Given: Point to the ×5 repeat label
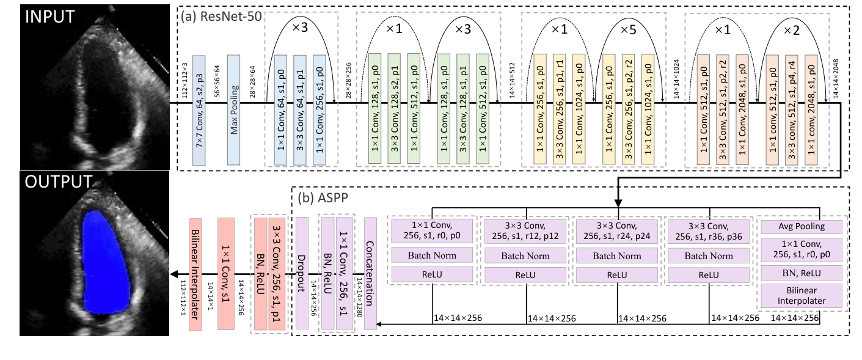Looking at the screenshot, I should [632, 29].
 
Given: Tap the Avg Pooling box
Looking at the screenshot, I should [800, 227].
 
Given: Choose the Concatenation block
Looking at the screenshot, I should [370, 274].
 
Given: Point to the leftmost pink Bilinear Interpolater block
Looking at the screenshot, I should [195, 274].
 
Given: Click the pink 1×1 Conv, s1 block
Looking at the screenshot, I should [226, 274].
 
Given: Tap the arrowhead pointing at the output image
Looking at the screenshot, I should [173, 274].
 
